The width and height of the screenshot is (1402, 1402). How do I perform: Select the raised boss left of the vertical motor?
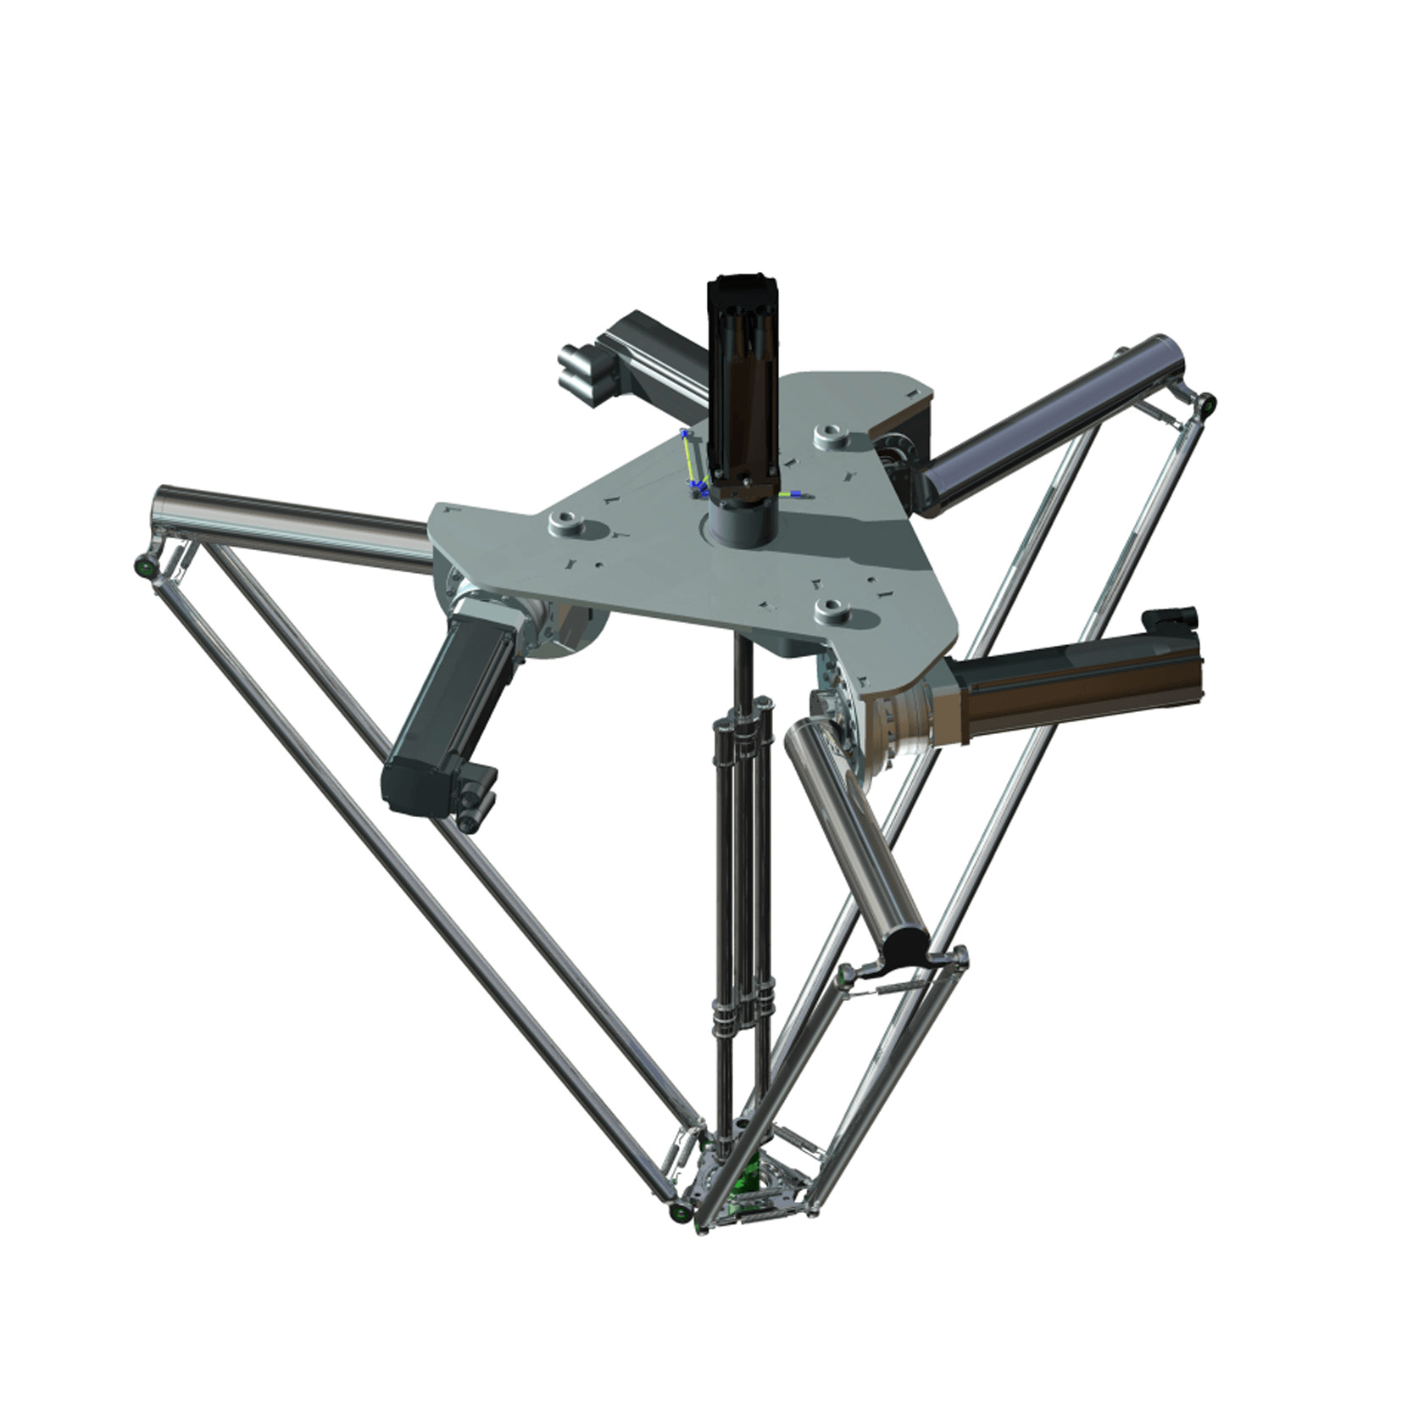[x=566, y=522]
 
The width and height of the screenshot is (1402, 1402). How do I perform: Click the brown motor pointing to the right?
[x=1077, y=682]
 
